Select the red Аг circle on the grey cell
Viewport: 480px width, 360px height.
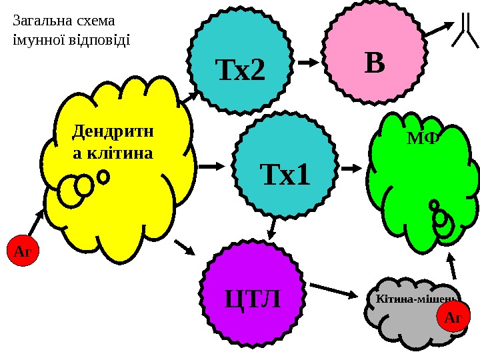point(453,319)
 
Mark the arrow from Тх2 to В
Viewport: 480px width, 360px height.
point(308,63)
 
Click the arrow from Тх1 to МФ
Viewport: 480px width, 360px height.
point(351,169)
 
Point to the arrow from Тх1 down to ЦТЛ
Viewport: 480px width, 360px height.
point(272,228)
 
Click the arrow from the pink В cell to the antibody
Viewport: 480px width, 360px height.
point(437,28)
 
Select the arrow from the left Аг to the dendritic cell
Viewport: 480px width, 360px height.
point(35,223)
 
